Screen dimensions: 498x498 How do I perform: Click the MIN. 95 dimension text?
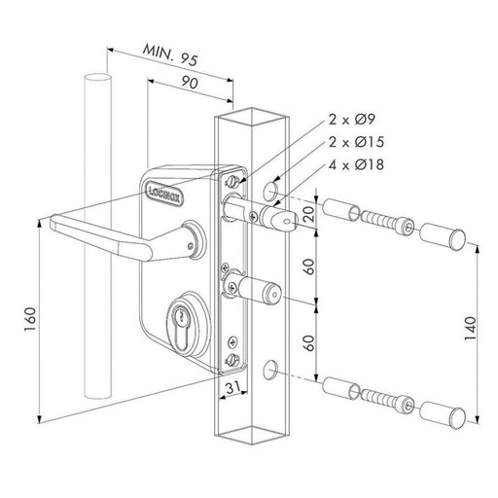click(x=170, y=54)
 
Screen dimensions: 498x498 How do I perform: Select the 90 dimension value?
click(x=190, y=83)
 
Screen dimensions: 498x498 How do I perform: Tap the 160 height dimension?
click(x=30, y=319)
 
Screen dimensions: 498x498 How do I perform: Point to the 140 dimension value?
click(x=471, y=328)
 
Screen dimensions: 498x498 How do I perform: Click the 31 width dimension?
click(x=233, y=387)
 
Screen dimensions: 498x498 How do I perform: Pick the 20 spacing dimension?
click(x=309, y=213)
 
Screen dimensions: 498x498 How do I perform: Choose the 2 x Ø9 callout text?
click(x=352, y=120)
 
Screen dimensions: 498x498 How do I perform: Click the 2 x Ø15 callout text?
click(x=356, y=142)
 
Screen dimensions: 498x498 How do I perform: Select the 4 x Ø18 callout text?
click(x=356, y=164)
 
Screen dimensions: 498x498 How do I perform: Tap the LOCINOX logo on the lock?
click(x=164, y=193)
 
